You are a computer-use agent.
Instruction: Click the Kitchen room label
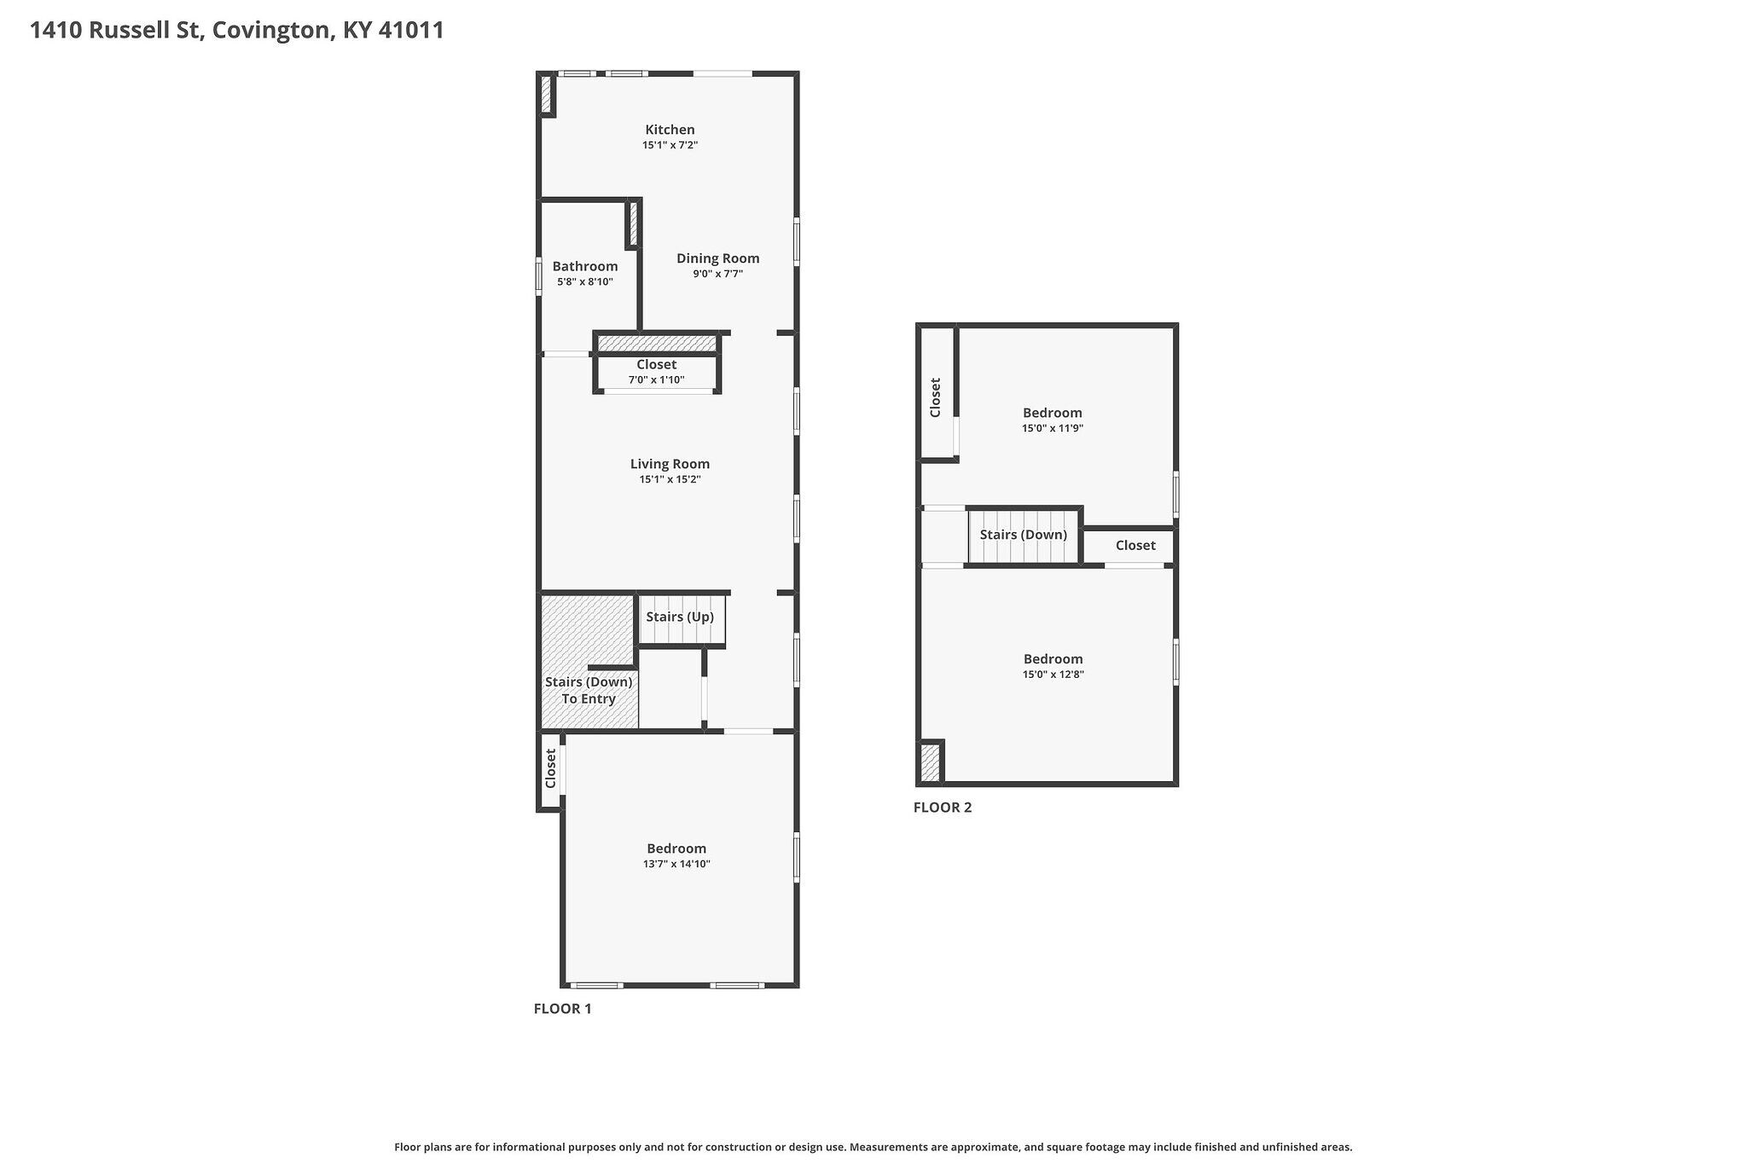tap(670, 130)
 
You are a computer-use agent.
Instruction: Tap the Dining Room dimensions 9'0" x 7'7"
tap(717, 275)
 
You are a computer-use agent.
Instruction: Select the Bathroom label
tap(584, 266)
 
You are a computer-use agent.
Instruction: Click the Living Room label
tap(670, 464)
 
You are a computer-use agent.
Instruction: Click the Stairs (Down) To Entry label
tap(589, 691)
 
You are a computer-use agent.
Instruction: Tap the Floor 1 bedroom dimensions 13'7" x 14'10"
tap(676, 864)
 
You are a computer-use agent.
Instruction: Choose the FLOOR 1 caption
tap(562, 1009)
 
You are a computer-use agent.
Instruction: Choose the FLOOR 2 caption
tap(942, 808)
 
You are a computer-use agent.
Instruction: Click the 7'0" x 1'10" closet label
tap(656, 372)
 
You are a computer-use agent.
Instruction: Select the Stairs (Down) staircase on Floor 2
tap(1024, 536)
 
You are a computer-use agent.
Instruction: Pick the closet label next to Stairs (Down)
tap(1135, 546)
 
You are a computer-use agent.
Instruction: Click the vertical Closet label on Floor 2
tap(935, 397)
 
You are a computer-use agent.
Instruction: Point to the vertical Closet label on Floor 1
tap(550, 768)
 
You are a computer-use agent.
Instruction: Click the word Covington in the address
tap(271, 31)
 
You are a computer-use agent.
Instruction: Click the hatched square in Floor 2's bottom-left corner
tap(930, 763)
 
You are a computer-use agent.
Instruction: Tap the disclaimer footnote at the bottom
tap(873, 1147)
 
